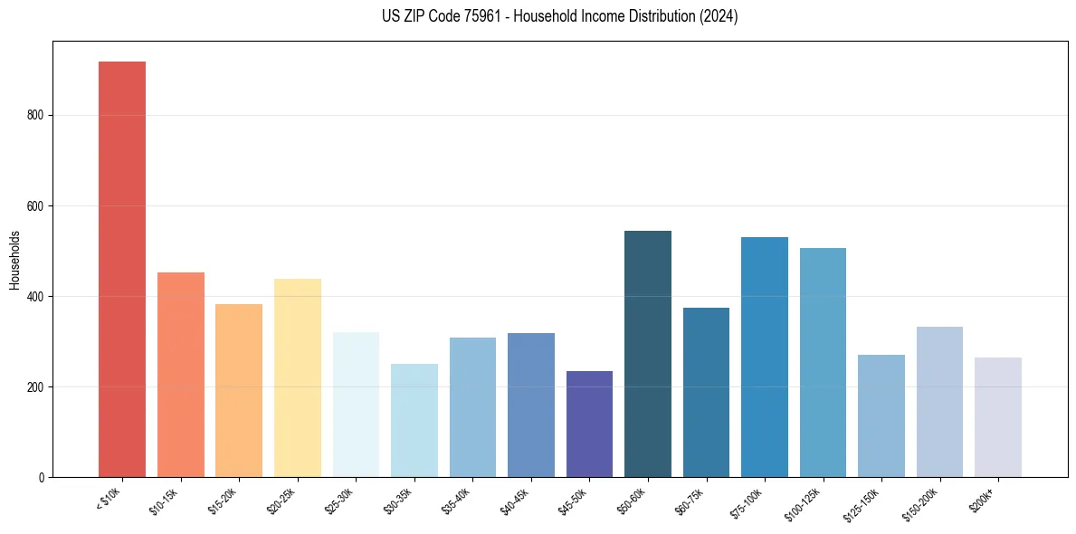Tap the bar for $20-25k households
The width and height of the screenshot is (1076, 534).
click(x=297, y=377)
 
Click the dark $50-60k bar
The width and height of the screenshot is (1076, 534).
click(x=648, y=354)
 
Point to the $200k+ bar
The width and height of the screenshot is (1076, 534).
click(x=998, y=417)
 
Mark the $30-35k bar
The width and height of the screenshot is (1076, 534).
click(x=414, y=420)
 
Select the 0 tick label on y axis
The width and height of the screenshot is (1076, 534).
click(x=42, y=478)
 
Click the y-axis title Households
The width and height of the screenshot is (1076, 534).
click(x=14, y=260)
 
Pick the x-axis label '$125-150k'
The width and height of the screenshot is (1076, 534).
click(x=862, y=503)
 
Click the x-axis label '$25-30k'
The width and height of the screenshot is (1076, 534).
click(x=338, y=501)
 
